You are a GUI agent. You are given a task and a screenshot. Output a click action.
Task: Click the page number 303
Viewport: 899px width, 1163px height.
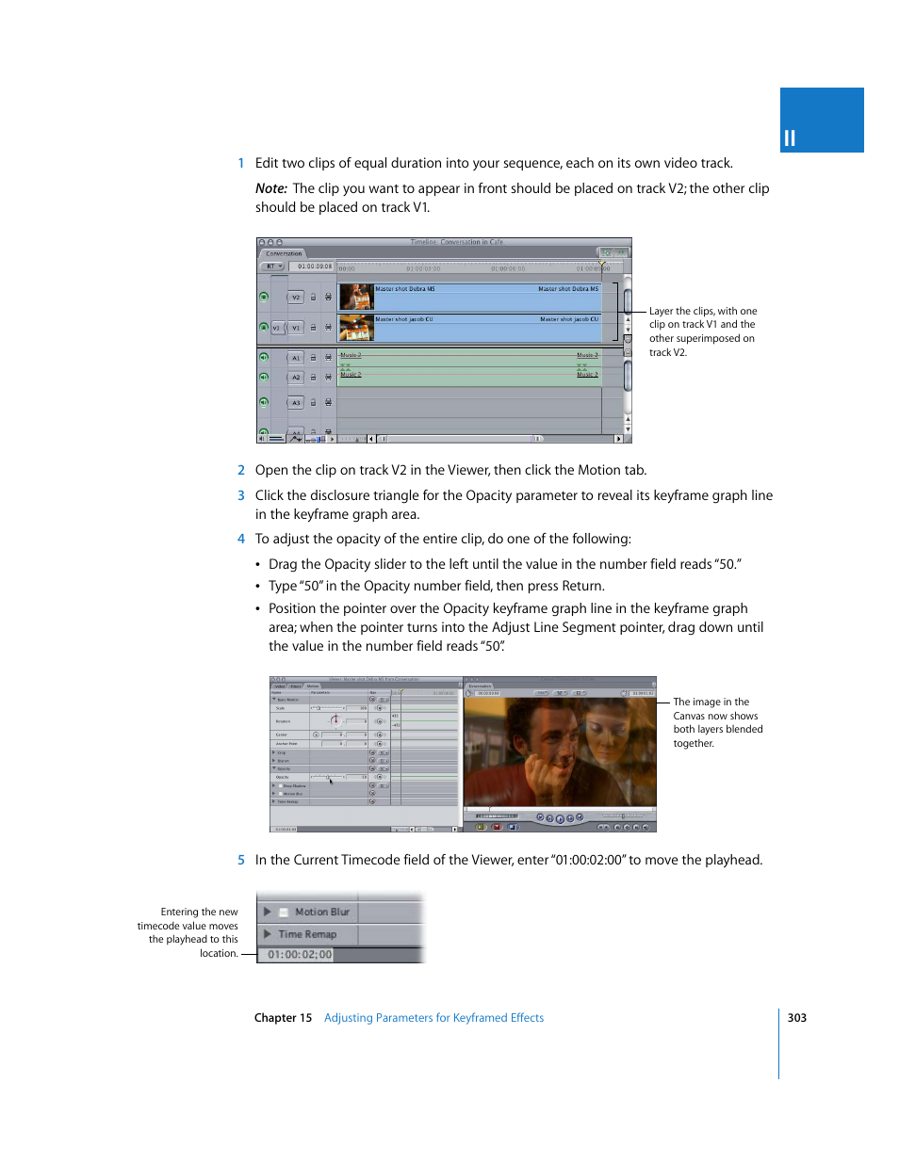(x=797, y=1018)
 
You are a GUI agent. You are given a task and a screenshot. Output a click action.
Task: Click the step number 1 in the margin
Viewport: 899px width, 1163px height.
(x=241, y=163)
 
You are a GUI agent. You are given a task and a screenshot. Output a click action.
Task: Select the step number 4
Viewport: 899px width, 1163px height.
(x=241, y=539)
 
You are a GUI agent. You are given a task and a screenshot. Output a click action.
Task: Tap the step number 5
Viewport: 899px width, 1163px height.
(x=241, y=860)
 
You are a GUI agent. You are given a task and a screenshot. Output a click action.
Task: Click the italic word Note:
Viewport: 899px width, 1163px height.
(x=271, y=188)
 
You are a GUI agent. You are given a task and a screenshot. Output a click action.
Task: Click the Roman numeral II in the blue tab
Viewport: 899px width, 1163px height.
(x=790, y=138)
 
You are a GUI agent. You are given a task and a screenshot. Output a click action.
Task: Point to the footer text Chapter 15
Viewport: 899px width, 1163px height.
(x=283, y=1018)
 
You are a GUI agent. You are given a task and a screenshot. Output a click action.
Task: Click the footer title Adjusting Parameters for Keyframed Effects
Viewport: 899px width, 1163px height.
(x=433, y=1018)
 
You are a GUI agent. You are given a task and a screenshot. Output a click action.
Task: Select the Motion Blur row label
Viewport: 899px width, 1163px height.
(x=321, y=912)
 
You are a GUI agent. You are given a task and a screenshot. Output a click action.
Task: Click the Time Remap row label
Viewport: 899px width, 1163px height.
(x=307, y=934)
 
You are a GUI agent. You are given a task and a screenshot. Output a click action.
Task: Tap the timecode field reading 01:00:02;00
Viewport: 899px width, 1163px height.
(x=300, y=955)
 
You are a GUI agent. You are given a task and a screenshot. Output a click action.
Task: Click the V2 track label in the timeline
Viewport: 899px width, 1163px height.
(x=295, y=298)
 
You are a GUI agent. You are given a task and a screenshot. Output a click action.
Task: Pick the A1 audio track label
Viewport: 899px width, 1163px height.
(x=295, y=358)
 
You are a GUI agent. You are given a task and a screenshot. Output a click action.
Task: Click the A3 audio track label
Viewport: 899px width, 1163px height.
(x=295, y=403)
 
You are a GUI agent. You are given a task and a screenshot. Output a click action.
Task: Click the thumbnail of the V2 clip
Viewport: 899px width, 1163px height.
(x=357, y=298)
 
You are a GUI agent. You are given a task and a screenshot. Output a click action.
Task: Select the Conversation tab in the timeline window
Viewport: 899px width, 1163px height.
(x=284, y=253)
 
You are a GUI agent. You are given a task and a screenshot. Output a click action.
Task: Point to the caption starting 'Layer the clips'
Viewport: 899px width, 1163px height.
(x=703, y=331)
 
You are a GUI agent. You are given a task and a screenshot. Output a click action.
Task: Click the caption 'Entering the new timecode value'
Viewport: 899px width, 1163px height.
(x=188, y=932)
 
